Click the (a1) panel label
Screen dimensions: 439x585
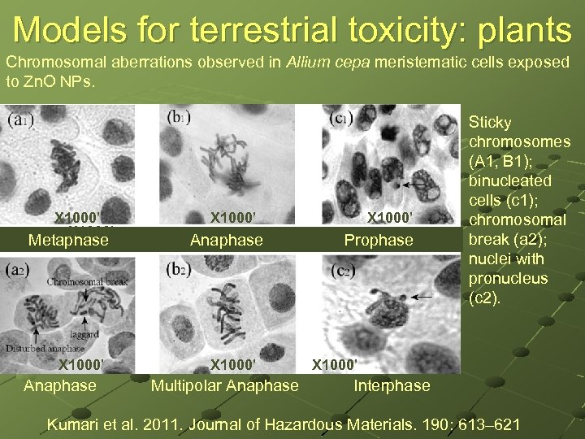19,119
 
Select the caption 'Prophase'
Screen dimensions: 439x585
379,240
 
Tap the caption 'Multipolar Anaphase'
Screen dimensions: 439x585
224,385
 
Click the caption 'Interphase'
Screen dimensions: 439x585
392,385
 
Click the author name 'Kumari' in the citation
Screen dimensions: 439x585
76,423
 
